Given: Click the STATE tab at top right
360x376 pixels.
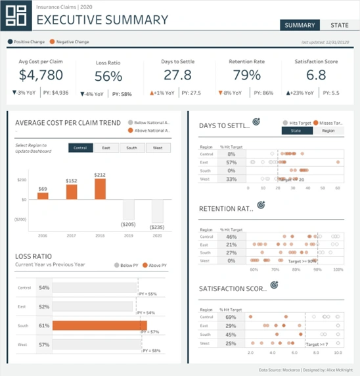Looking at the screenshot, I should [340, 26].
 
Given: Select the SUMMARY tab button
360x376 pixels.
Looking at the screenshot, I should [300, 26].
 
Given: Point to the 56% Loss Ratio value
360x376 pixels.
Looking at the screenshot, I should [108, 76].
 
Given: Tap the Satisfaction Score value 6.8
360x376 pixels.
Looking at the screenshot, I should [316, 75].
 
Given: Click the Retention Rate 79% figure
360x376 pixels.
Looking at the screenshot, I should [246, 75].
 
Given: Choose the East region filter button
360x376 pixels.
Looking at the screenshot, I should [106, 148].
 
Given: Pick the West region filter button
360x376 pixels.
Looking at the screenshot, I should [158, 148].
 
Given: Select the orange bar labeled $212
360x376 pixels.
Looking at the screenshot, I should [100, 189].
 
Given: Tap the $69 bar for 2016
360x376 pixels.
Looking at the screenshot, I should [43, 196].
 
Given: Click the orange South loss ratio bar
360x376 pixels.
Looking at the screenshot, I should [99, 325].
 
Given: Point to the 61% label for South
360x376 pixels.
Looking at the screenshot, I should [44, 325].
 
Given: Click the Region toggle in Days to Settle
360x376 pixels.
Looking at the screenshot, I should [328, 131].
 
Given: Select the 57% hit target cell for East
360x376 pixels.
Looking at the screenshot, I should [231, 161].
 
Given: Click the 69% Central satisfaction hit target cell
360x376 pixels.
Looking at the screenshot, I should [231, 317].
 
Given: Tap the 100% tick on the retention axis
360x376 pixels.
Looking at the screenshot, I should [339, 270].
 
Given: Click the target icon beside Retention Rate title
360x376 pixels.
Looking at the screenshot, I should [261, 206].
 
